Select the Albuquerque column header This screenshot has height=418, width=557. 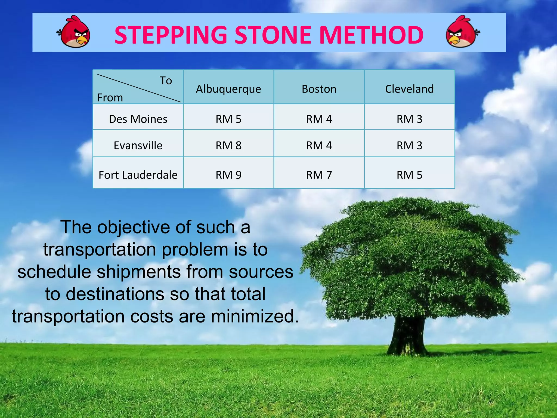click(228, 89)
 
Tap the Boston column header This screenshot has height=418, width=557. click(319, 89)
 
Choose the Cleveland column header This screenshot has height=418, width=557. click(409, 89)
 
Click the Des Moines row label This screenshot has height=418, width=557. click(138, 119)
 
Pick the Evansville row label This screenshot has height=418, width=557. click(138, 146)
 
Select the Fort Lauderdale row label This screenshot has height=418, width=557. click(138, 175)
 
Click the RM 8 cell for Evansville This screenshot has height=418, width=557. click(228, 146)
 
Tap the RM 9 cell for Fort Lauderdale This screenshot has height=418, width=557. click(228, 175)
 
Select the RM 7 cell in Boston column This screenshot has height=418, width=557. click(319, 175)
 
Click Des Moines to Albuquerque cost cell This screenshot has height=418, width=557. click(228, 119)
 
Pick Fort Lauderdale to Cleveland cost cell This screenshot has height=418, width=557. click(409, 175)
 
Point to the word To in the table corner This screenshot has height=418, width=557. click(166, 81)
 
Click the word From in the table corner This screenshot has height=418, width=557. click(110, 98)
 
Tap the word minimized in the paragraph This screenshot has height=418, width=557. click(254, 316)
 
